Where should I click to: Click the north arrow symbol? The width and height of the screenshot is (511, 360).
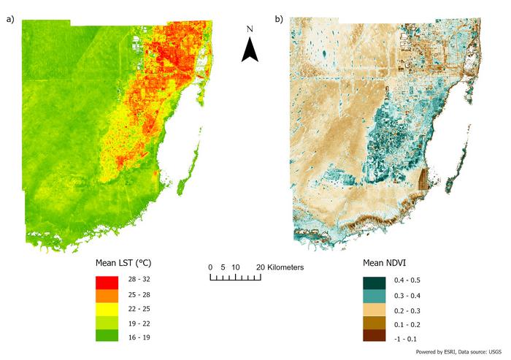[250, 50]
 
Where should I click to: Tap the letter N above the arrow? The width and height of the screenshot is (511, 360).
[250, 28]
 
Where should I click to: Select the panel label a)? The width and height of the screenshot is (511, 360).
[10, 20]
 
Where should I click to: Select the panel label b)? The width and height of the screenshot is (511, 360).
[279, 20]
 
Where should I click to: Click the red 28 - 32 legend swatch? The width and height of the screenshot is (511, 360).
[107, 280]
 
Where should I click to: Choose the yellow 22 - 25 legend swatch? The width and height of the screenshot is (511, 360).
[107, 308]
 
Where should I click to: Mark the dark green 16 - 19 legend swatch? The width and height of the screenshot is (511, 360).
[107, 336]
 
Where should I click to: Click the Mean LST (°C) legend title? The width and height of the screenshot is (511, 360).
[123, 261]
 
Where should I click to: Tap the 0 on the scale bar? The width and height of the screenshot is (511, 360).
[210, 267]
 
